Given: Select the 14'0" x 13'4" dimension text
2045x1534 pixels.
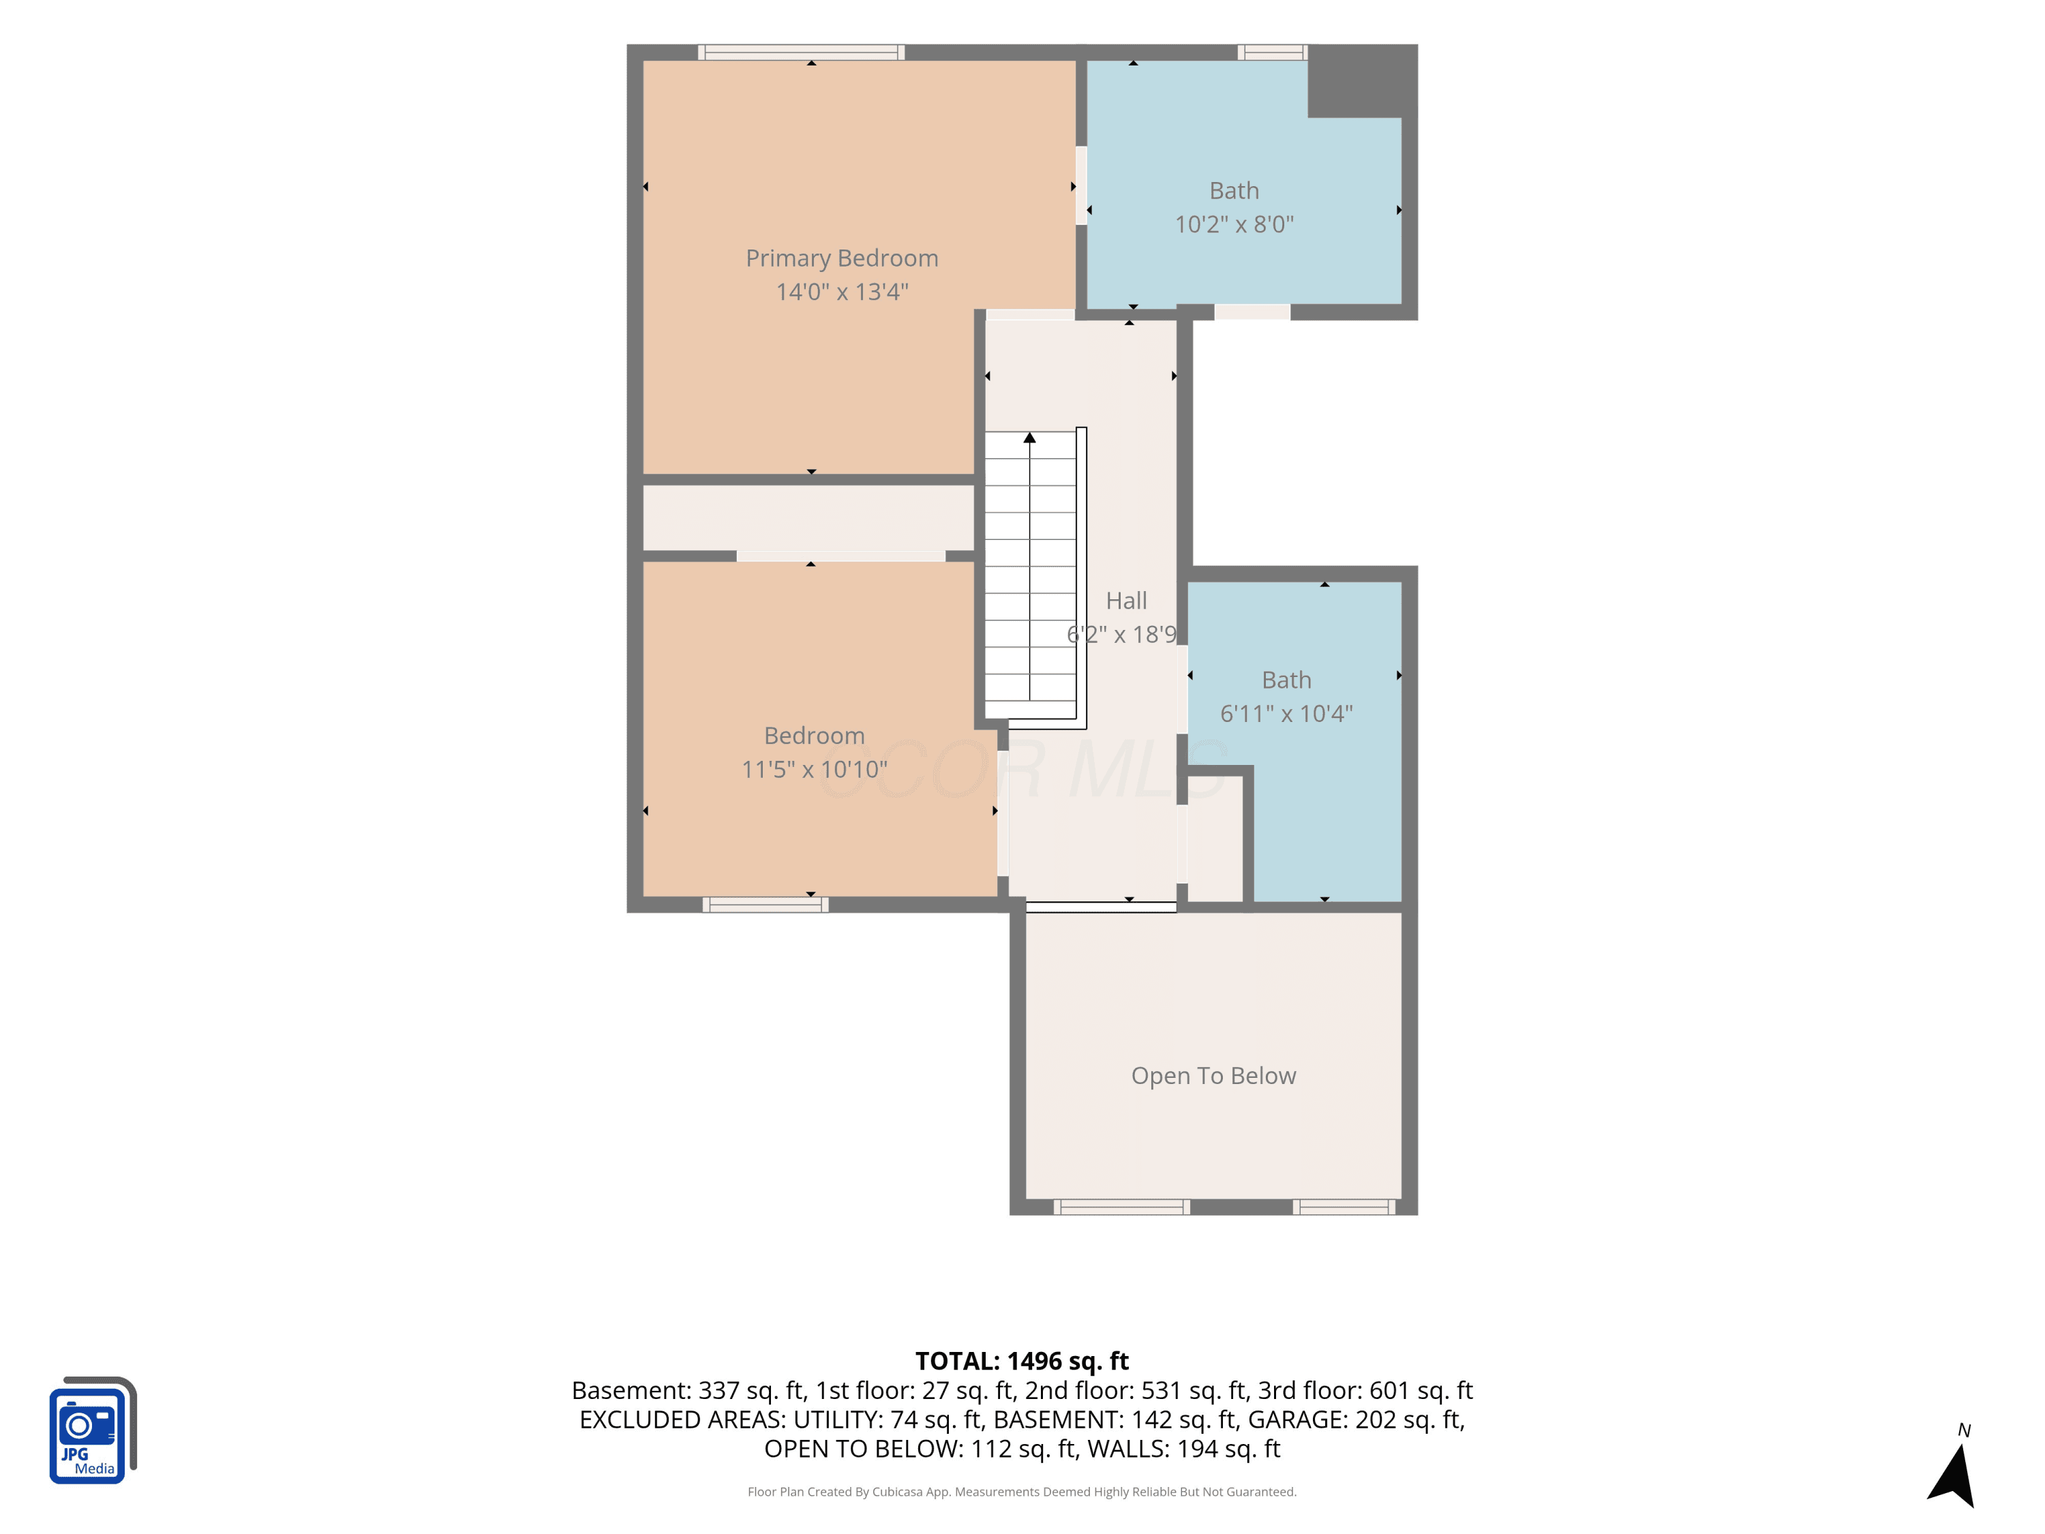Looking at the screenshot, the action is (x=841, y=292).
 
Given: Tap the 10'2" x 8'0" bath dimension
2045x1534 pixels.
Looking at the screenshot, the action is (x=1234, y=225).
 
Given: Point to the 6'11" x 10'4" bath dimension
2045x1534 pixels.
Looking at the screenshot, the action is (x=1286, y=714).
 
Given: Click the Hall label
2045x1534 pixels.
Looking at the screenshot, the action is (x=1126, y=601).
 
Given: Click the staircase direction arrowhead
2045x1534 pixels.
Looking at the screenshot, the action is (x=1029, y=438).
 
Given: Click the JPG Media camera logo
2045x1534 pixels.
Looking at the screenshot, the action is (x=93, y=1430).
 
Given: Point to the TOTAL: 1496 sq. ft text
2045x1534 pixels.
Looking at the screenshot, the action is (x=1022, y=1361).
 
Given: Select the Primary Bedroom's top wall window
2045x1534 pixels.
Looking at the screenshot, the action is (x=801, y=52).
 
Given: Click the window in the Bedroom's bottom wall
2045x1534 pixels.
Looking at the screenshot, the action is (x=765, y=904).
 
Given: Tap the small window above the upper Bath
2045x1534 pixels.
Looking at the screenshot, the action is (x=1272, y=52).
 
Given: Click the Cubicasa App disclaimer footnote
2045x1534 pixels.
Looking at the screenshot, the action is (x=1022, y=1492).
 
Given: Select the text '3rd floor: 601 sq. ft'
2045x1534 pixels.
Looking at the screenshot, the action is (x=1365, y=1391).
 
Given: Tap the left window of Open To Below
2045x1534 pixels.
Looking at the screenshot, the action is (x=1121, y=1207).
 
